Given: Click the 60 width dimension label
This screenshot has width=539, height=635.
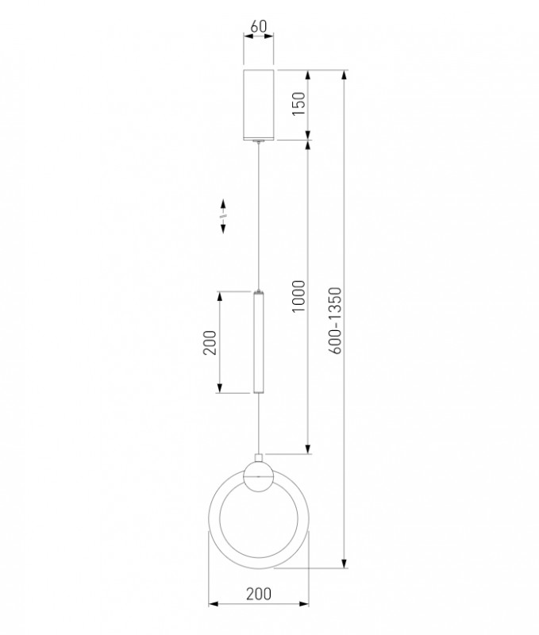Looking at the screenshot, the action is [258, 26].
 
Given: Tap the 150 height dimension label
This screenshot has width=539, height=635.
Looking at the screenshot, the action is [298, 104].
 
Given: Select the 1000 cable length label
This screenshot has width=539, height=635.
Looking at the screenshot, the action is [298, 296].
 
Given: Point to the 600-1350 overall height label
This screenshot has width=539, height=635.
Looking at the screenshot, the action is [335, 321].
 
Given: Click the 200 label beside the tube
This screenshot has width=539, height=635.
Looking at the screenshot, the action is [210, 343].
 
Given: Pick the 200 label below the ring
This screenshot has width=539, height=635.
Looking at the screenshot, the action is [259, 594].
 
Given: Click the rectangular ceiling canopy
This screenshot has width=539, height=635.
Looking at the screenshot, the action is [258, 105].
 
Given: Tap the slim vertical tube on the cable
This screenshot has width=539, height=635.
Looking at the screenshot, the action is [258, 343].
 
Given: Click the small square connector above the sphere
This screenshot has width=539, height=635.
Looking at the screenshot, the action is [258, 458].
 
